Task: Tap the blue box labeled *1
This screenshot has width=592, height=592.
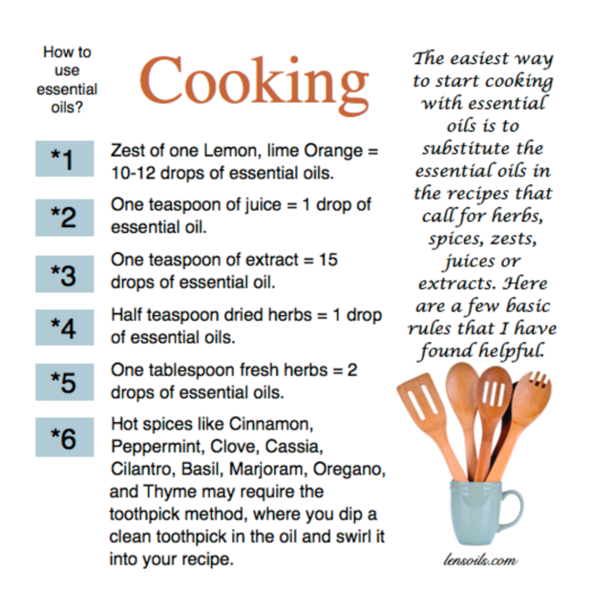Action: (x=65, y=158)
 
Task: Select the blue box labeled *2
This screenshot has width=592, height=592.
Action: (x=65, y=217)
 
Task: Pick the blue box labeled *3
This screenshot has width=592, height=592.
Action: (x=65, y=273)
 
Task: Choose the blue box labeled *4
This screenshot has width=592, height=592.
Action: (x=65, y=327)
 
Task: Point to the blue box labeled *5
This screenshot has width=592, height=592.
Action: (x=65, y=382)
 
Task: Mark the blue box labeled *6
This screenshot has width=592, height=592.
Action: (x=65, y=437)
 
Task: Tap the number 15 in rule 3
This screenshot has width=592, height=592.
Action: (x=328, y=260)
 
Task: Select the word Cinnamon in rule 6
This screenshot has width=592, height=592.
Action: (x=271, y=424)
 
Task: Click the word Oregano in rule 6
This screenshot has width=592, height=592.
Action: (x=349, y=469)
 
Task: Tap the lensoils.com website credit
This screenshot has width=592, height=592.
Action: (x=480, y=560)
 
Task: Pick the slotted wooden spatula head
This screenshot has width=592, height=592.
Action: (x=421, y=402)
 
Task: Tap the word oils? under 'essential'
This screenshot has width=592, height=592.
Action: (x=67, y=108)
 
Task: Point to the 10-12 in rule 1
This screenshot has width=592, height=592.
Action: (x=134, y=173)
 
